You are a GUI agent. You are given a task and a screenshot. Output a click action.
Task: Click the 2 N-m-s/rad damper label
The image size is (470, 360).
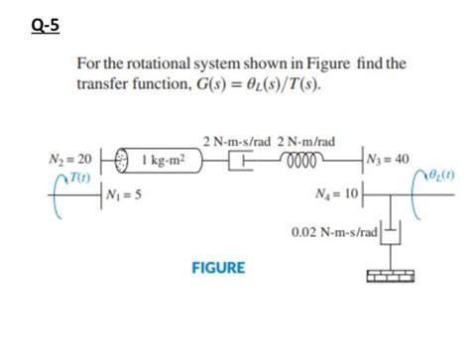tap(232, 139)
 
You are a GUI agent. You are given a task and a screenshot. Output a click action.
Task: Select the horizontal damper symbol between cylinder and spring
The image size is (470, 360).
tap(239, 159)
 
